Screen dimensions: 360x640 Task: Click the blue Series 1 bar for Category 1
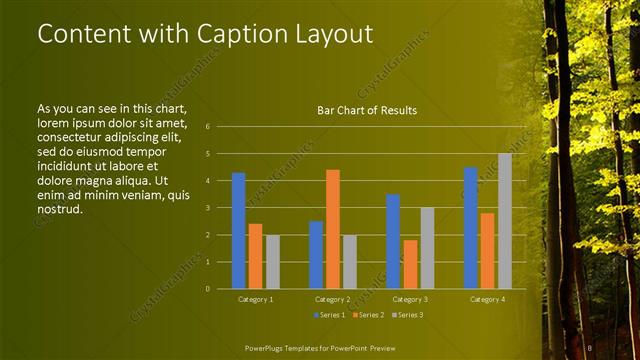click(238, 231)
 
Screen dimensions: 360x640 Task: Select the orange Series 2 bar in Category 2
click(333, 229)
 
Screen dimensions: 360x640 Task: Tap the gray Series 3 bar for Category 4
click(505, 221)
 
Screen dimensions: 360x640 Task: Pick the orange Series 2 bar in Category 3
click(410, 264)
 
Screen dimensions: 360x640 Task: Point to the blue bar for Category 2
click(316, 255)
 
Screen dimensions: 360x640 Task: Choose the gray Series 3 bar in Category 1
click(272, 262)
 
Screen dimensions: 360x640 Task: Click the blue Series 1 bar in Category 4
click(471, 228)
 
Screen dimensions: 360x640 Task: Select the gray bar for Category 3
click(427, 248)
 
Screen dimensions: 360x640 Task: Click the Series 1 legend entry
click(329, 316)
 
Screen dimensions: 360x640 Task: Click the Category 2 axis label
click(333, 299)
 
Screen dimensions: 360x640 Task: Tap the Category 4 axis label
click(488, 299)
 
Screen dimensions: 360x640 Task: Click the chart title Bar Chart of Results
click(367, 110)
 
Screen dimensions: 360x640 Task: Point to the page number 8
click(591, 347)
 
